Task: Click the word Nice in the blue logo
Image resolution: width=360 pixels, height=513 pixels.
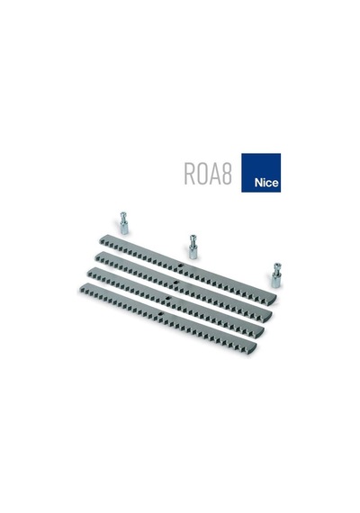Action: (x=266, y=183)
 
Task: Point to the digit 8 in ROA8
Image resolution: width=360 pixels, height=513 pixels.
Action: (x=226, y=174)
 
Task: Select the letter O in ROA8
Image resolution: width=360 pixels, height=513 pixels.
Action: (x=202, y=174)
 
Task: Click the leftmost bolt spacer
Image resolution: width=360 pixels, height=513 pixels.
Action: (x=123, y=223)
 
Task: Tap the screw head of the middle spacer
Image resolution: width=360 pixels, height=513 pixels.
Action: (x=193, y=238)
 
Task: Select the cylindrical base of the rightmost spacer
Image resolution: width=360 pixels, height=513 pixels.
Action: (x=276, y=281)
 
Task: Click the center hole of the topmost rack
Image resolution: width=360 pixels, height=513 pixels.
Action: (x=179, y=265)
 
